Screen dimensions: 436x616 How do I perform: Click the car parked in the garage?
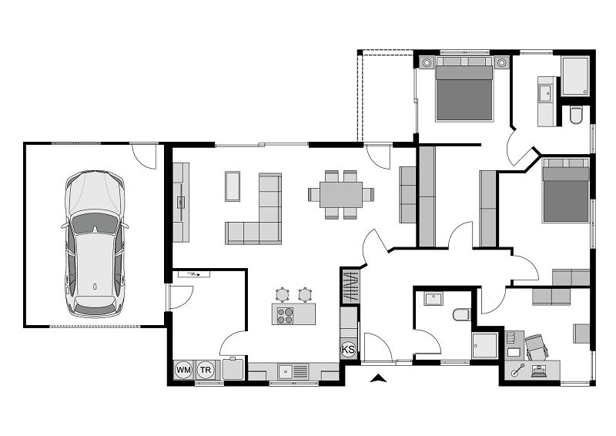click(x=95, y=243)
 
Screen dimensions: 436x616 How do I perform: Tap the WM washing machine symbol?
click(x=183, y=371)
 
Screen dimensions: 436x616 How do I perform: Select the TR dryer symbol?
click(x=206, y=371)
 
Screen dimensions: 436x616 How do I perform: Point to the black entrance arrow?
click(x=377, y=377)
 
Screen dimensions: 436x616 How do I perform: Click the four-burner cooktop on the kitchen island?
click(x=285, y=314)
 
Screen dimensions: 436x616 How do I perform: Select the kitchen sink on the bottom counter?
click(x=293, y=371)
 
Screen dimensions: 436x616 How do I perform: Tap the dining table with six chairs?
click(x=341, y=194)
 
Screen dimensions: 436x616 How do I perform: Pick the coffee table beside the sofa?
click(x=233, y=186)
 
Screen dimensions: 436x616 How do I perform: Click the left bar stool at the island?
click(x=283, y=293)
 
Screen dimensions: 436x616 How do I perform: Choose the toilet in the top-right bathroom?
click(x=577, y=116)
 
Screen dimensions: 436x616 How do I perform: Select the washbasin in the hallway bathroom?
click(x=431, y=298)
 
